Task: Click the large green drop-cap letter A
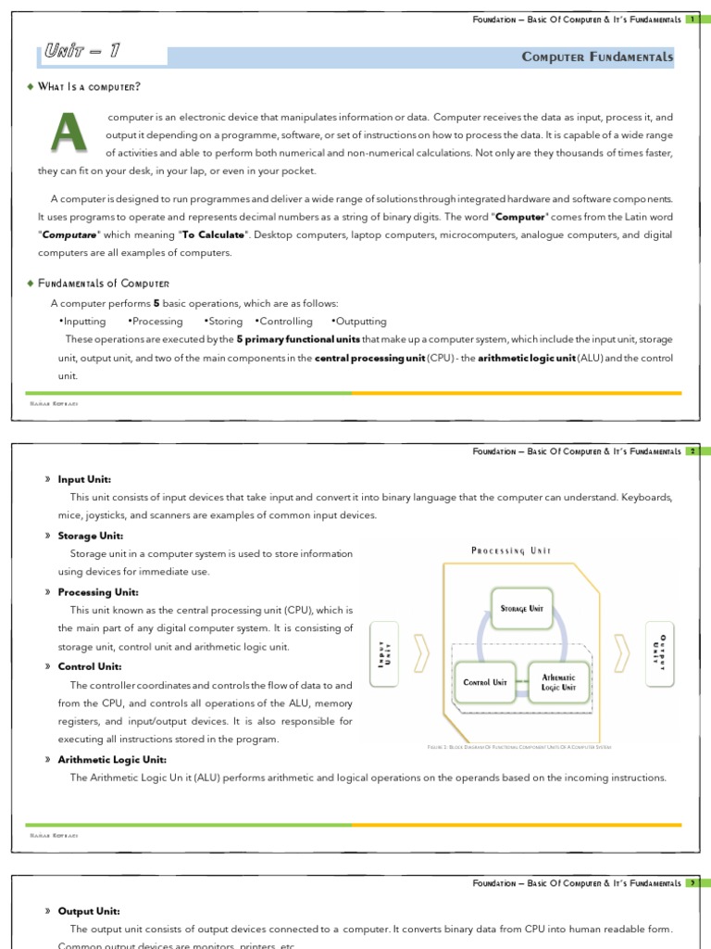(68, 133)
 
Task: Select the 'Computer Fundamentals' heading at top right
(598, 57)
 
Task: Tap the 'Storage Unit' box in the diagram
(521, 608)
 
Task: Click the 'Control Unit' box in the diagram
(485, 682)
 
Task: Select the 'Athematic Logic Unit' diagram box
(558, 683)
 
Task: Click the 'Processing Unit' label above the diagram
(511, 550)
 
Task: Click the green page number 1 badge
(691, 19)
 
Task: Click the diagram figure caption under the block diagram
(518, 746)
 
